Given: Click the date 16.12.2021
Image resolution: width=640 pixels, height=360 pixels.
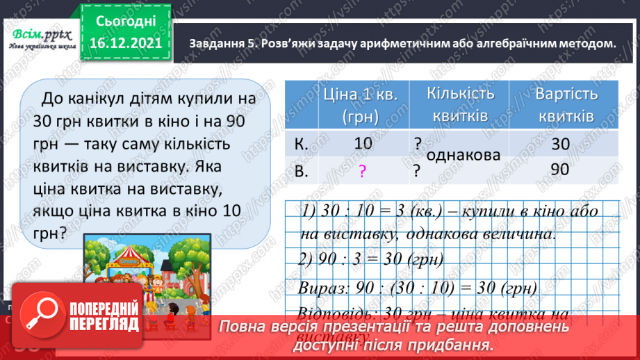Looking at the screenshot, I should pos(126,42).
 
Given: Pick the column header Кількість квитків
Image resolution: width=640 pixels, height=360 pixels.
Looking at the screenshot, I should pos(459,106).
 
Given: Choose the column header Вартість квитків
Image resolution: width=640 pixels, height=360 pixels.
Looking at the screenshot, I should pos(564,106).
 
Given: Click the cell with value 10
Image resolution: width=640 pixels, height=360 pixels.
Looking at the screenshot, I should pos(362,144).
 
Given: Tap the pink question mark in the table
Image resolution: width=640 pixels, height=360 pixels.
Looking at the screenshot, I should pos(362,171).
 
